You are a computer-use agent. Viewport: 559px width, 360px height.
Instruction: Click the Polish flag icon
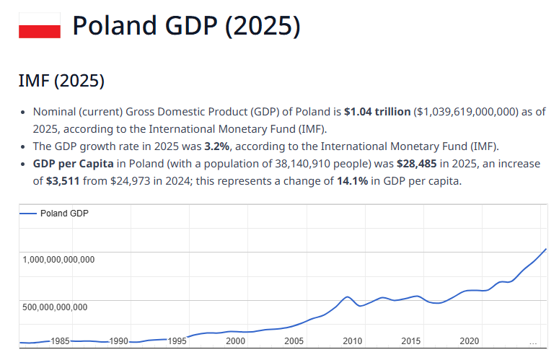coord(39,27)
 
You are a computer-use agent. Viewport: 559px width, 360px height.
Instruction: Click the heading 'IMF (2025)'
coord(61,82)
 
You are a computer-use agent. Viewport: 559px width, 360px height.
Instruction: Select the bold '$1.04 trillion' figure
coord(377,112)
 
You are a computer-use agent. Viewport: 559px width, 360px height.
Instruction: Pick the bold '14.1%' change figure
coord(351,180)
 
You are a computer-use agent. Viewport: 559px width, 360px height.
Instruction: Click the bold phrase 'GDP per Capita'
coord(73,163)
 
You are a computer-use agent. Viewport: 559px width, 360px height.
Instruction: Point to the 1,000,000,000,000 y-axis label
coord(58,260)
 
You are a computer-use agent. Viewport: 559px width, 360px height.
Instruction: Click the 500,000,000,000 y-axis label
coord(55,307)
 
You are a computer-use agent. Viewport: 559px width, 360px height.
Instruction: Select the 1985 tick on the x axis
coord(60,341)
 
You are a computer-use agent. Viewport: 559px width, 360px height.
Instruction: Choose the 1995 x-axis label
coord(177,341)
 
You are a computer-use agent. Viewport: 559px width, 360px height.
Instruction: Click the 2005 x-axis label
coord(294,341)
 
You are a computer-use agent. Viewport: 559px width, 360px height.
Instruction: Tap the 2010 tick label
coord(352,341)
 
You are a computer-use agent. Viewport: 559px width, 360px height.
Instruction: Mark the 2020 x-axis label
coord(469,341)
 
